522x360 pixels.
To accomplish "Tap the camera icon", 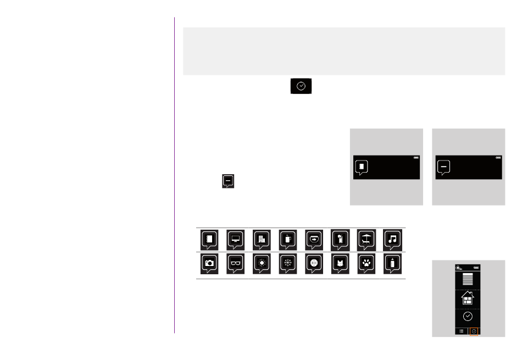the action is coord(209,263).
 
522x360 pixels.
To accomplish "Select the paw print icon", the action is coord(366,263).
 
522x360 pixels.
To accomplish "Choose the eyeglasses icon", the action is coord(236,263).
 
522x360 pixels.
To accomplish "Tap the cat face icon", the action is coord(341,263).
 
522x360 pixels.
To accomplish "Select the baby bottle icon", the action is coord(393,263).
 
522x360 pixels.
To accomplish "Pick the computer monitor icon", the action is coord(236,239).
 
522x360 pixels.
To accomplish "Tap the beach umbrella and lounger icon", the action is coord(367,239).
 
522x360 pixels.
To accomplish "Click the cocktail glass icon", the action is coord(341,239).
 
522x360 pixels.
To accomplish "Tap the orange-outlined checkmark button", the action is coord(475,331).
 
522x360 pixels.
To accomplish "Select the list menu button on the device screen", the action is coord(461,331).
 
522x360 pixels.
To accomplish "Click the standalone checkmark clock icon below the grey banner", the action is coord(301,86).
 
